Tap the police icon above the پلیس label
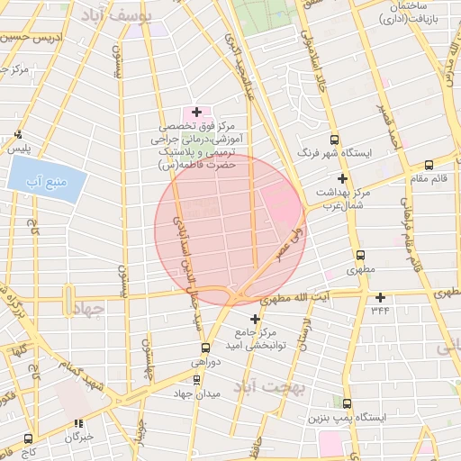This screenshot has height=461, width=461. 19,134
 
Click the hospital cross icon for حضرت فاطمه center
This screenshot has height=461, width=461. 196,112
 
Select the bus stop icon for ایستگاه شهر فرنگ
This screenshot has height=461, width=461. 334,140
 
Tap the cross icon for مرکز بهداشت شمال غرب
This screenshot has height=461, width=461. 341,178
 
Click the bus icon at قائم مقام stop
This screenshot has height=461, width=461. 428,165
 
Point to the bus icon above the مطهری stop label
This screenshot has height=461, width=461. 360,255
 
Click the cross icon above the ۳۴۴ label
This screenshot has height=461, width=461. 380,297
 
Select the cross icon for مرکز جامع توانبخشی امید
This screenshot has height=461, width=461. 255,319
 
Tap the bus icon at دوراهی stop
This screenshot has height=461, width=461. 205,347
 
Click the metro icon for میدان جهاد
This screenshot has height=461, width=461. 197,380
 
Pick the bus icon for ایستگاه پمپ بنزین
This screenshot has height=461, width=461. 347,404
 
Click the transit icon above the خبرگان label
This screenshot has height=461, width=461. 79,422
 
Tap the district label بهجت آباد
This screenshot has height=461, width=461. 270,387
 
